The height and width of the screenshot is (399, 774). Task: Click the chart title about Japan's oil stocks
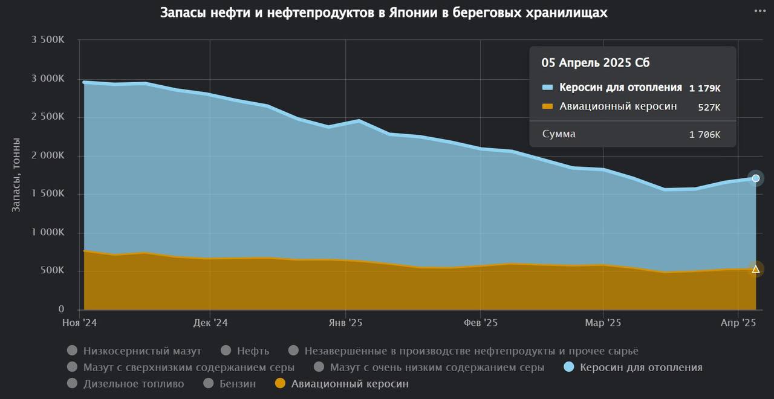(x=383, y=13)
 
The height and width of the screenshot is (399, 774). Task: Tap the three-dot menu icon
(x=760, y=11)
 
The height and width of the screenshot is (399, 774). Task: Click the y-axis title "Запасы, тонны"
(x=16, y=175)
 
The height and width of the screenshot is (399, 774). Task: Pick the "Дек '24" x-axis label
(x=210, y=323)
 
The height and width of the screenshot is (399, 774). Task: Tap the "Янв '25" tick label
(x=345, y=323)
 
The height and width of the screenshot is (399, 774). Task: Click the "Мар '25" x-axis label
(x=603, y=323)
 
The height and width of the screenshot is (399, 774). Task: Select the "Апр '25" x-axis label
(x=738, y=323)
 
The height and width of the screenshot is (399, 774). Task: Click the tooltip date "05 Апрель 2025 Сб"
(x=596, y=63)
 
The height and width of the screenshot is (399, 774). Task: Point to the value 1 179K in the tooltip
(x=704, y=88)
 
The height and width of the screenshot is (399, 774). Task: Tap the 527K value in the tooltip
(x=709, y=107)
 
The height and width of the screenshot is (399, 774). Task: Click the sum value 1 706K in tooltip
(x=704, y=134)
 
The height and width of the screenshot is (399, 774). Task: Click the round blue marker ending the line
(x=755, y=178)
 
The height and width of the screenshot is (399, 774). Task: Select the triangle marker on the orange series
(x=755, y=269)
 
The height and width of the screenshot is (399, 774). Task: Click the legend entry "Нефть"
(x=253, y=351)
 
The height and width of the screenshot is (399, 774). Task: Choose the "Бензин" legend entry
(x=238, y=383)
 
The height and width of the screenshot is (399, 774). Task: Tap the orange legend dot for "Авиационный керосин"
(x=280, y=383)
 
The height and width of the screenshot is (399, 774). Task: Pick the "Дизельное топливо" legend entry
(x=134, y=383)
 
